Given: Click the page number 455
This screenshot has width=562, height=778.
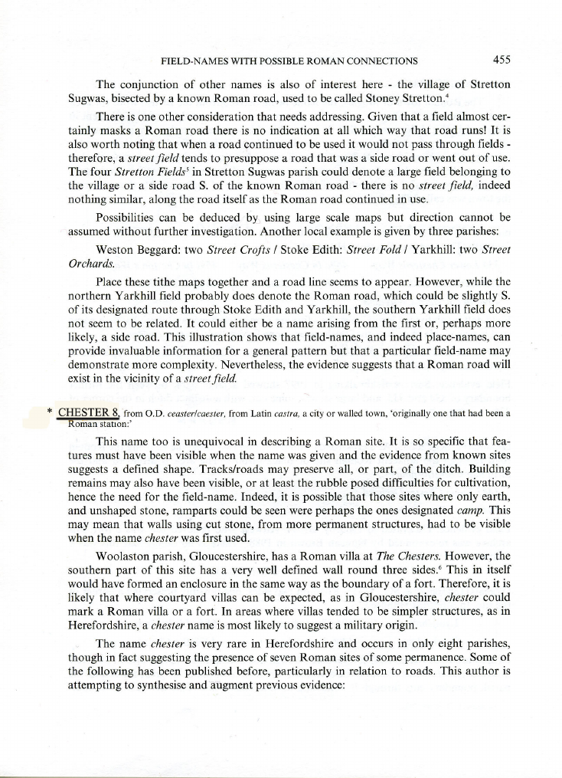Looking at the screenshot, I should (x=502, y=60).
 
